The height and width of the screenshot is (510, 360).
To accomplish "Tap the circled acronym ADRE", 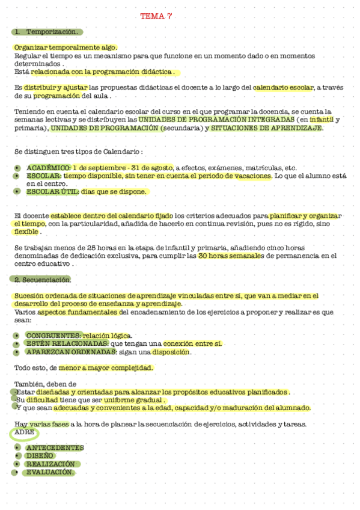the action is click(24, 432).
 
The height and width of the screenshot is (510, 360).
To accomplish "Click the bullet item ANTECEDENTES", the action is click(55, 447).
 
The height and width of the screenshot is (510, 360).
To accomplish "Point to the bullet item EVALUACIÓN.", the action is click(50, 472).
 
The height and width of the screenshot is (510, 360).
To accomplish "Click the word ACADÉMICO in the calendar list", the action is click(48, 168).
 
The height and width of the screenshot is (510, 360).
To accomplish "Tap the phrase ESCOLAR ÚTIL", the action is click(50, 192).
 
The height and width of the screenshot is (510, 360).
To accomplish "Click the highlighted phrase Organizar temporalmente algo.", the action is click(66, 48).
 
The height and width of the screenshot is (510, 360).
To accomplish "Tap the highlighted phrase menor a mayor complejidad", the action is click(106, 367).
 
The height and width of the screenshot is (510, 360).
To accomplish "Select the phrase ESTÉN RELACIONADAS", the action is click(58, 343).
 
